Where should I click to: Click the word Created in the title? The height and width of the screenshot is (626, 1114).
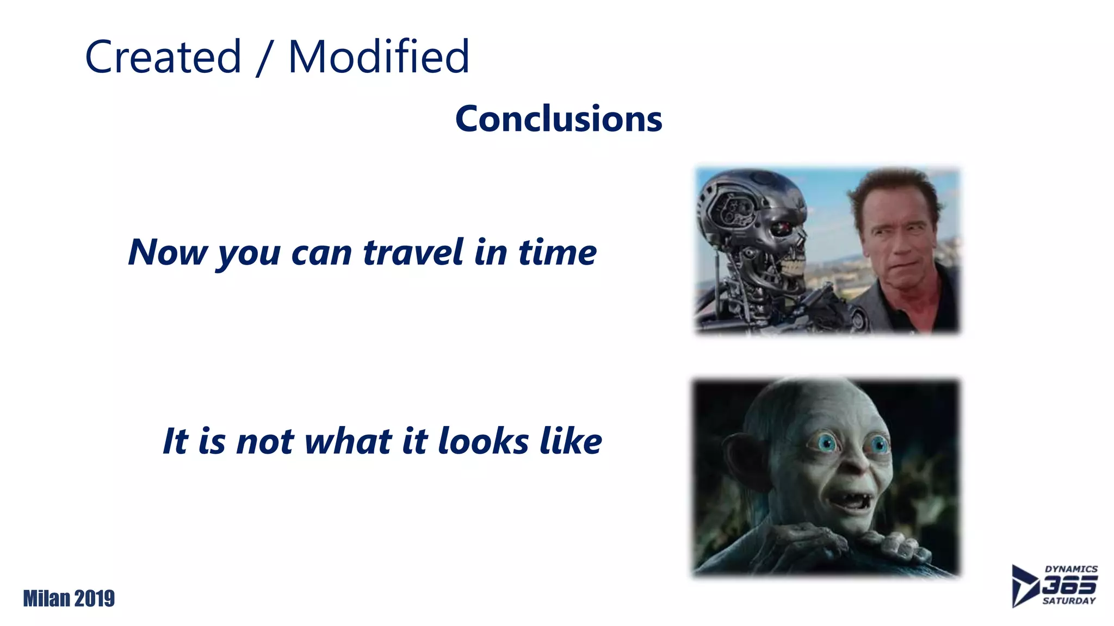163,57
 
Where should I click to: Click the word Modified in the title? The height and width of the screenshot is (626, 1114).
378,57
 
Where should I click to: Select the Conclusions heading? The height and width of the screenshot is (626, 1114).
559,119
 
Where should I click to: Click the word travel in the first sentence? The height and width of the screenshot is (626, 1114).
414,252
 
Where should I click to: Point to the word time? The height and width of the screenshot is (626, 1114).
557,252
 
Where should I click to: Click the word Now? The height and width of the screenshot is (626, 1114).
168,252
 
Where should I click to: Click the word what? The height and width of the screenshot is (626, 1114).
348,441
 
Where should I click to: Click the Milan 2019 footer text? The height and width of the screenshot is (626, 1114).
69,598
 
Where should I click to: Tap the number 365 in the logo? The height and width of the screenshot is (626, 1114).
1069,585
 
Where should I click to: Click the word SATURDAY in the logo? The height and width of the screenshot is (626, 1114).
1069,601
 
